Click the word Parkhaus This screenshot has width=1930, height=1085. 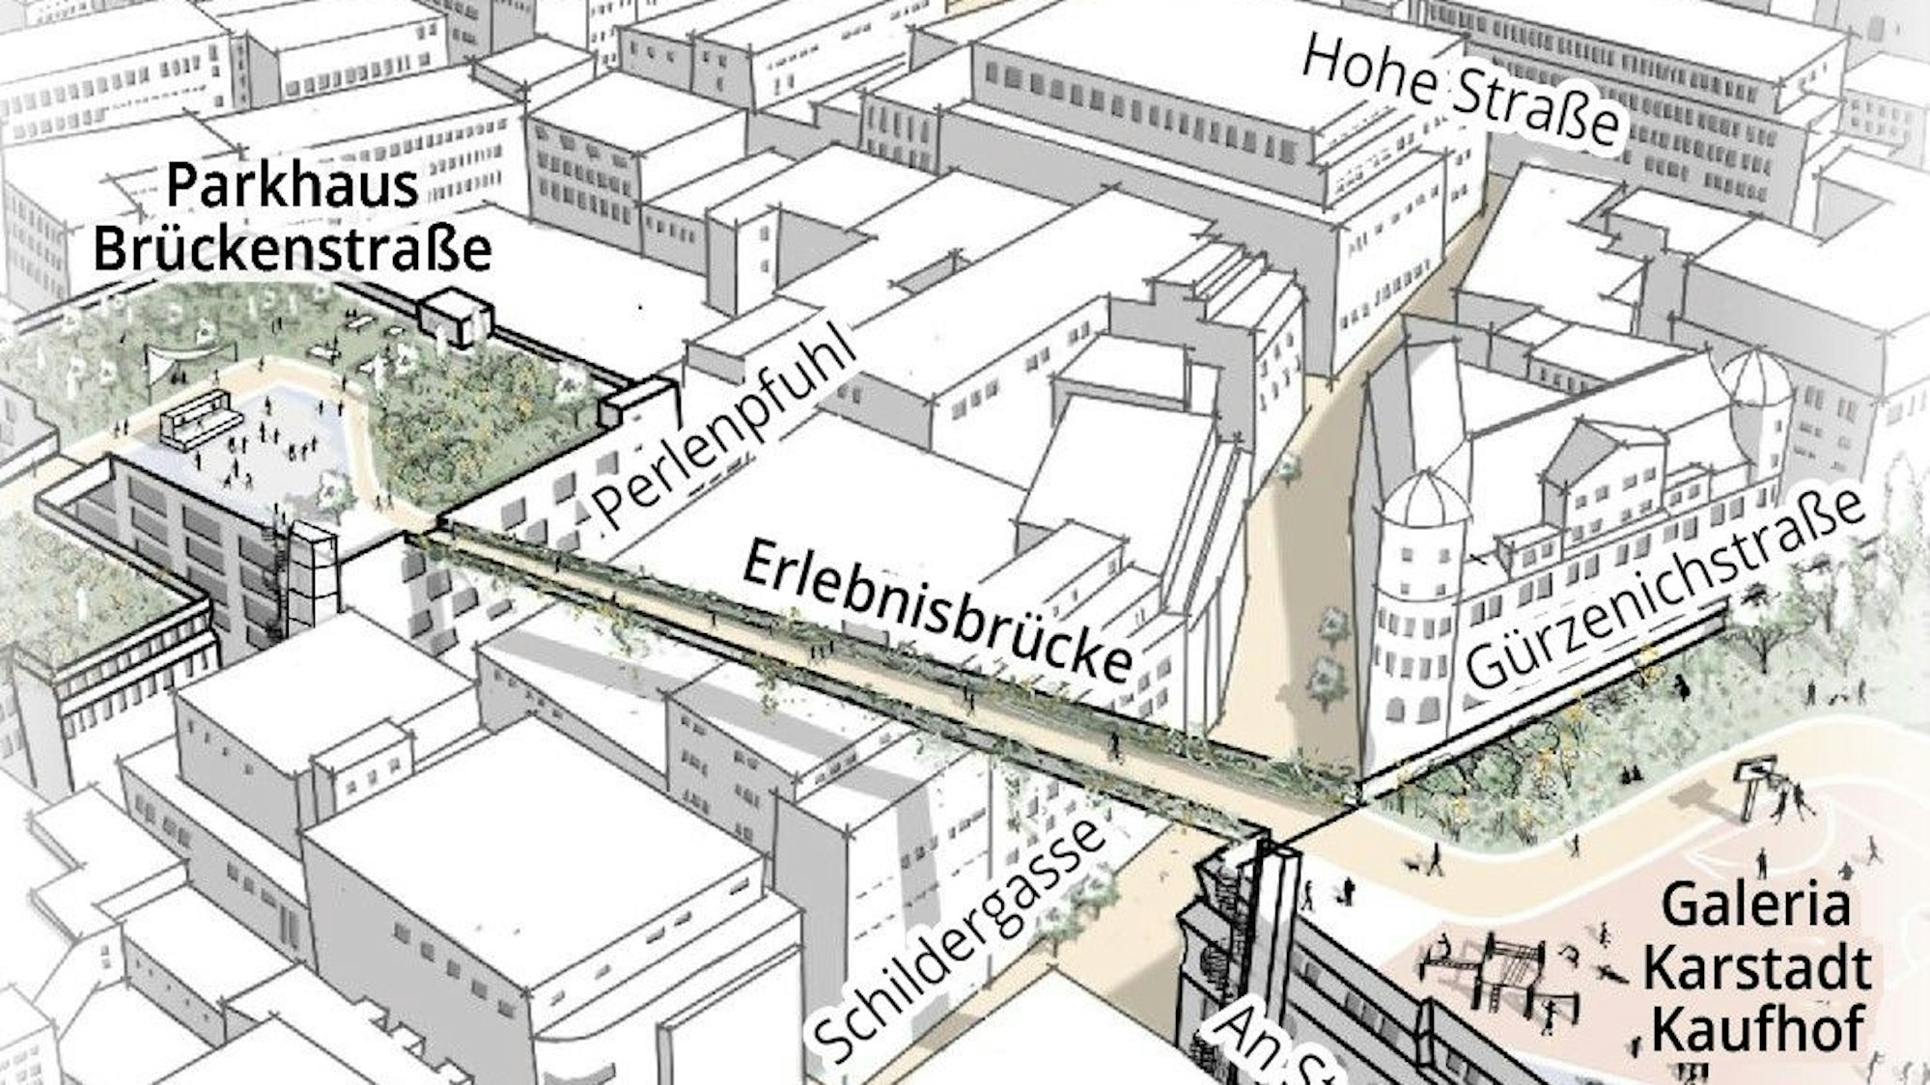[x=293, y=186]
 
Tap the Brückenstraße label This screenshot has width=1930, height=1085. [x=293, y=247]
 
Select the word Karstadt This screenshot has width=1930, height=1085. [x=1757, y=969]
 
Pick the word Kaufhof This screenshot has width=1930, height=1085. [x=1757, y=1029]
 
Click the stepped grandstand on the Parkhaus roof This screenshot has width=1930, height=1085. [x=197, y=422]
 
